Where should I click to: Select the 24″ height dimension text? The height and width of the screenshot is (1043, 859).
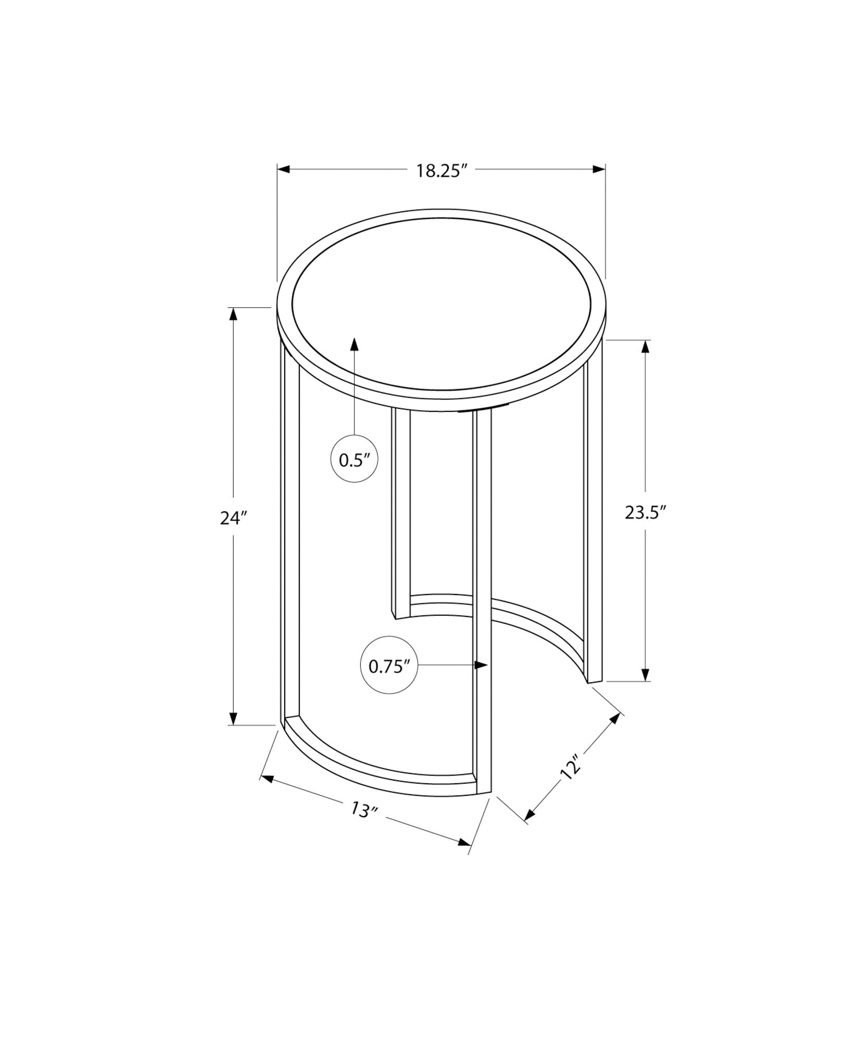pos(232,518)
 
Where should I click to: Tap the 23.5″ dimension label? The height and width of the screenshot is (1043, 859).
pos(646,513)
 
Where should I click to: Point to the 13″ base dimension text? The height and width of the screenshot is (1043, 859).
pos(363,824)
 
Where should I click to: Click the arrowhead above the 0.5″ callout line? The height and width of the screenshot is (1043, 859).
pos(354,344)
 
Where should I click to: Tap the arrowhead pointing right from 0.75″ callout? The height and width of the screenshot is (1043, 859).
pos(481,665)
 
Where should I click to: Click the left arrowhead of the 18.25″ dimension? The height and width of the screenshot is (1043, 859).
pos(284,169)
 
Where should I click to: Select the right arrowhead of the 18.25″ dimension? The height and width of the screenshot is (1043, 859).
pos(599,169)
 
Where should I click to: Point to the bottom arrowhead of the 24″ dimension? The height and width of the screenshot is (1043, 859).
pos(234,719)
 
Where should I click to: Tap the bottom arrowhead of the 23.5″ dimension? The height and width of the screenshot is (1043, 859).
pos(646,675)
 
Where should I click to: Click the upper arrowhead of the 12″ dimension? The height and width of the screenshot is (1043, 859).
pos(617,719)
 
